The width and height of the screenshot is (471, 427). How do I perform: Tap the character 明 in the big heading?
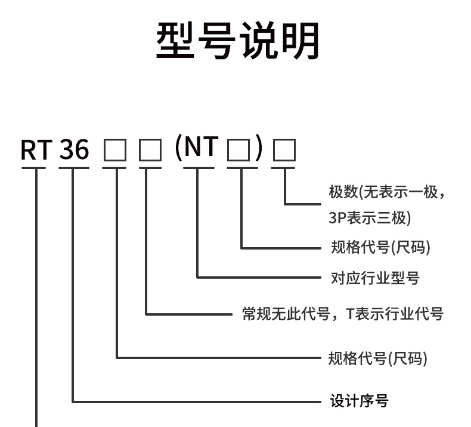point(299,40)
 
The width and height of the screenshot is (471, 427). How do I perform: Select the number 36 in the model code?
point(74,151)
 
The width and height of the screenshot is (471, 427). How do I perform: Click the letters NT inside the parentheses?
point(200,147)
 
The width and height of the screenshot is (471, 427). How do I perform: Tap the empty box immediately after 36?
point(114,151)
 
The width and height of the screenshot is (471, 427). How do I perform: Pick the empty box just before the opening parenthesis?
point(150,151)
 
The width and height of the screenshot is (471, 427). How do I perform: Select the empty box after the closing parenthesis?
point(284,151)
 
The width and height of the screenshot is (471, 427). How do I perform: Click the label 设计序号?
point(359,401)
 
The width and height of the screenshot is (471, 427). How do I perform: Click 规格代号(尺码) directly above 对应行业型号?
point(380,247)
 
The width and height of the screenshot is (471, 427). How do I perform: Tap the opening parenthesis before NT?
point(178,148)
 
